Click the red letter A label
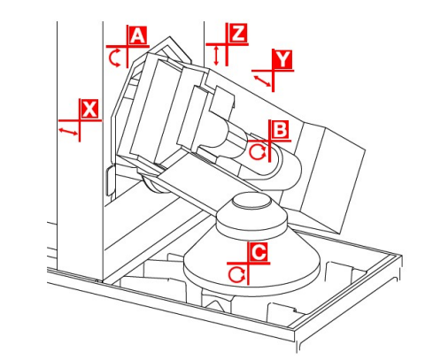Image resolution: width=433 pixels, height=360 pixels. [137, 35]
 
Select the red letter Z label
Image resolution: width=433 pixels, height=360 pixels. [238, 33]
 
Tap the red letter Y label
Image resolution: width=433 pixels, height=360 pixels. [283, 59]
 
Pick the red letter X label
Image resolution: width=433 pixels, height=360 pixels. [89, 109]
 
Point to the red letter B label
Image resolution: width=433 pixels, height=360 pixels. [280, 129]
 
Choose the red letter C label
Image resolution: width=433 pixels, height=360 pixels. [259, 251]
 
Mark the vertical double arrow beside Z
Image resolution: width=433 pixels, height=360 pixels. [216, 55]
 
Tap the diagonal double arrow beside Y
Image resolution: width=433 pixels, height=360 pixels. [262, 81]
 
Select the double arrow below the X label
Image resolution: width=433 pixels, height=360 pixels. [68, 132]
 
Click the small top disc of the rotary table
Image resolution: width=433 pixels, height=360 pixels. [251, 202]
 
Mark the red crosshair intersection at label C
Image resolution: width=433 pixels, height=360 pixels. [248, 263]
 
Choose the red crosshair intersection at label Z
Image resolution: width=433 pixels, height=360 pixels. [227, 44]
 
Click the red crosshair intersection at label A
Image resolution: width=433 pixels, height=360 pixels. [128, 46]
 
